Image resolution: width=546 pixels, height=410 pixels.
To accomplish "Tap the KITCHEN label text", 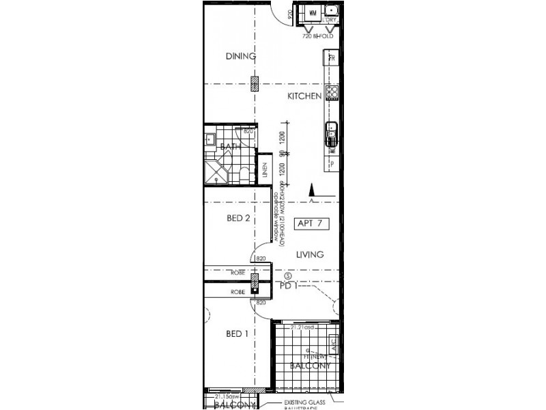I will point(304,96).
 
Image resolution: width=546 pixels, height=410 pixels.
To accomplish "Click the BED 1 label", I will point(236,334).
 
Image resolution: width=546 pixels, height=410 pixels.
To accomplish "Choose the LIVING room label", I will point(309,254).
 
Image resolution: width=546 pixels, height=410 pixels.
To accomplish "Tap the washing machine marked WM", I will point(313,13).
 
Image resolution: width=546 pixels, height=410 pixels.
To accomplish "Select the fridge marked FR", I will point(332,59).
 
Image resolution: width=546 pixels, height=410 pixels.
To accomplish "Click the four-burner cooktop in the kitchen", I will point(332,92).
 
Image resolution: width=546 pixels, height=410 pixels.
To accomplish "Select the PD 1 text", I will point(287,286).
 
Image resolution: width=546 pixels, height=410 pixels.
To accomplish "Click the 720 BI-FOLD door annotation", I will point(317,36).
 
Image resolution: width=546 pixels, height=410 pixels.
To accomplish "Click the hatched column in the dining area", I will point(255,84).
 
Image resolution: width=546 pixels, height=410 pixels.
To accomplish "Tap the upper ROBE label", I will point(238,273).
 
